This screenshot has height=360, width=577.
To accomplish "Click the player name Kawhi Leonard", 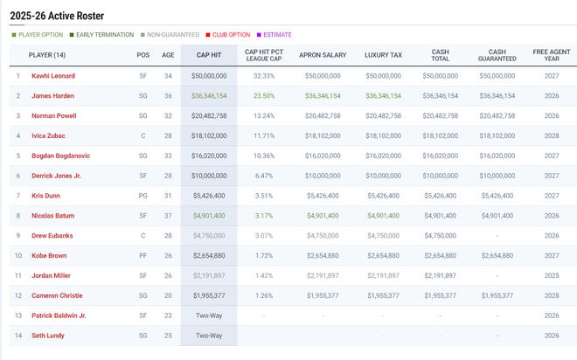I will (x=52, y=76).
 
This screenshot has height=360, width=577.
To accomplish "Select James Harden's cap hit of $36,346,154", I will (x=208, y=96).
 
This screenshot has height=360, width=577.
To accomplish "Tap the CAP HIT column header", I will (x=208, y=55).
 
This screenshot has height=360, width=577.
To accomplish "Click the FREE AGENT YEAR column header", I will (x=551, y=55).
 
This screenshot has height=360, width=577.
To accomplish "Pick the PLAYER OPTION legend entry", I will (x=37, y=35).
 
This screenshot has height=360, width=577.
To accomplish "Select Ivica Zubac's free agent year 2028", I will (x=551, y=135).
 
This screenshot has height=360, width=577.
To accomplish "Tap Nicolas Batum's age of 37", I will (x=168, y=215).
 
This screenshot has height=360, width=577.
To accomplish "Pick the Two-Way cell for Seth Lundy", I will (x=208, y=335).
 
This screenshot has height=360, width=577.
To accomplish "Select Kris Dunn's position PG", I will (x=143, y=196).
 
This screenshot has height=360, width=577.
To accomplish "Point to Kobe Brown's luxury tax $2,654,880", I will (x=383, y=255).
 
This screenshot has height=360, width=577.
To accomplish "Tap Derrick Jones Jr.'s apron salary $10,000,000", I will (x=323, y=176).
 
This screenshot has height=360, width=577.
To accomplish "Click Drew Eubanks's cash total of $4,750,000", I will (x=441, y=235).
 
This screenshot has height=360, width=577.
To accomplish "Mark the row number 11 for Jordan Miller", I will (x=17, y=275).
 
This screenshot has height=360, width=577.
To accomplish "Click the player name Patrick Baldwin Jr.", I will (x=58, y=315).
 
